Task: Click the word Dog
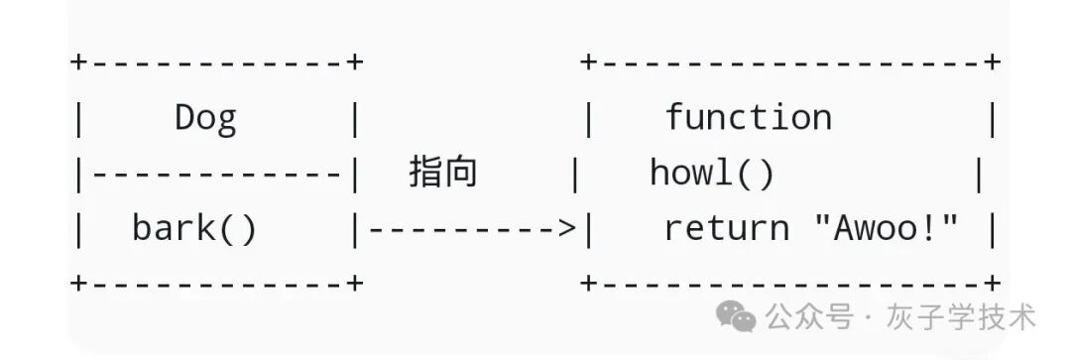(x=206, y=119)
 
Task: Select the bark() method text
(x=194, y=230)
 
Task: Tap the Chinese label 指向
(x=443, y=174)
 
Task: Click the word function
(x=748, y=119)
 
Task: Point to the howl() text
(x=711, y=175)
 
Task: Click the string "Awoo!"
(x=887, y=230)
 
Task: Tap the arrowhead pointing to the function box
(x=567, y=230)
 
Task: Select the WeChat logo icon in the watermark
(x=736, y=317)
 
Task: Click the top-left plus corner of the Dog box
(x=78, y=62)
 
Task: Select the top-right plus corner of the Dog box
(x=355, y=62)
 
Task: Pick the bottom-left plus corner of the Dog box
(x=78, y=284)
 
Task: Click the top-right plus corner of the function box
(x=992, y=62)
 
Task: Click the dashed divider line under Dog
(x=216, y=176)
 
